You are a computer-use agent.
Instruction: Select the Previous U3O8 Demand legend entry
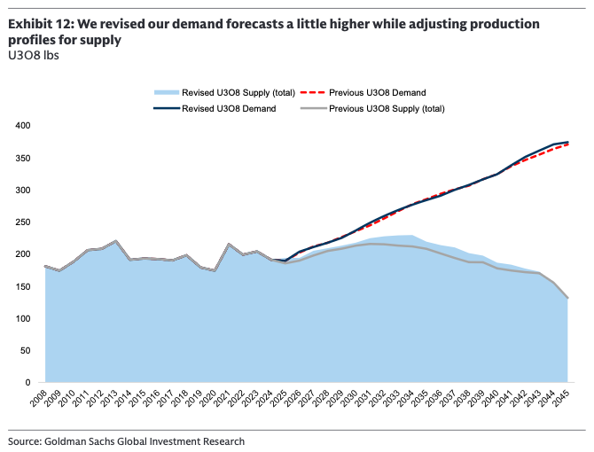[x=377, y=92]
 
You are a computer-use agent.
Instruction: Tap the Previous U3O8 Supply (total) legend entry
[x=386, y=108]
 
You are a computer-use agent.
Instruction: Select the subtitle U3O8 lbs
[x=33, y=56]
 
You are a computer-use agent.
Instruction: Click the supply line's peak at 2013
[x=115, y=241]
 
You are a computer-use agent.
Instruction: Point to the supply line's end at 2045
[x=567, y=298]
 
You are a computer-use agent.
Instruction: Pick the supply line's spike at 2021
[x=229, y=244]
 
